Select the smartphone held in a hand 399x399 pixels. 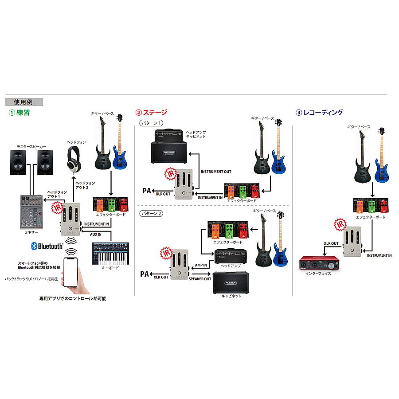tap(74, 272)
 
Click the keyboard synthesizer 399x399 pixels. tap(110, 254)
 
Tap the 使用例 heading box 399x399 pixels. tap(24, 102)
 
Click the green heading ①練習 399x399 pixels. tap(19, 113)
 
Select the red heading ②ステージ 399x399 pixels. tap(151, 113)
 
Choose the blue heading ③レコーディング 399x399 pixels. tap(320, 113)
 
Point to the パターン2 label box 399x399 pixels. tap(152, 213)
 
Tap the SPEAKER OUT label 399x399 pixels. tap(199, 279)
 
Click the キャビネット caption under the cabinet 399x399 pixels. tap(231, 296)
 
